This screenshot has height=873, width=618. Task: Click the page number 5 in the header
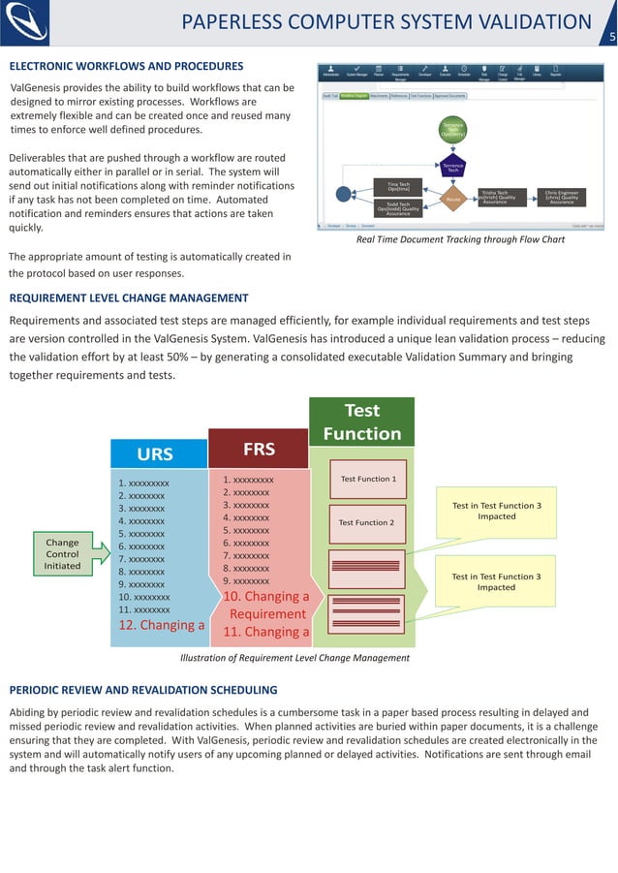coord(611,38)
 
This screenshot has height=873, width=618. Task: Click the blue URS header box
coord(155,453)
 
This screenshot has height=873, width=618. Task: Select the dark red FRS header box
coord(259,449)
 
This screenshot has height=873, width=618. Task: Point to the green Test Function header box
coord(361,421)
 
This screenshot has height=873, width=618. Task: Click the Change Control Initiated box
coord(62,553)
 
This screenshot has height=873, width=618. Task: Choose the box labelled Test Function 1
coord(368,479)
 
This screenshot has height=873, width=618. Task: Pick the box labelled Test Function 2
coord(365,522)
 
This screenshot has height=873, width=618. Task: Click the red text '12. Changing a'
coord(162,626)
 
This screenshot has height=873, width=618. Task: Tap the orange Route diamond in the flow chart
coord(451,199)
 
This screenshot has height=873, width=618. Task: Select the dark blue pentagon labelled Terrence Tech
coord(452,167)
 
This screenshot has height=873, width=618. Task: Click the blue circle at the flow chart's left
coord(344,194)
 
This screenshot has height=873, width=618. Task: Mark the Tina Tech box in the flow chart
coord(399,185)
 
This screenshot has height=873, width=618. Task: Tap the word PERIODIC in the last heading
coord(38,690)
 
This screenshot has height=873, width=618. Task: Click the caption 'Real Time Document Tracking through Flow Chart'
coord(460,238)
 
